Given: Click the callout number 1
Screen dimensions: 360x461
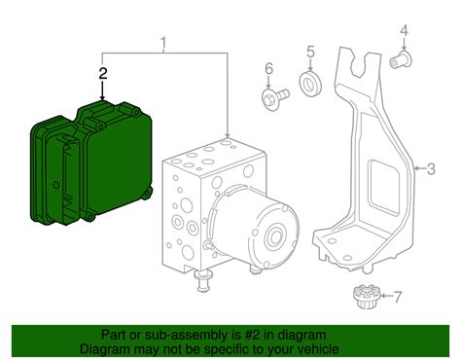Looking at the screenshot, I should tap(163, 43).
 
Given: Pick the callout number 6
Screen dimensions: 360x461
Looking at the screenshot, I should tap(269, 69).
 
